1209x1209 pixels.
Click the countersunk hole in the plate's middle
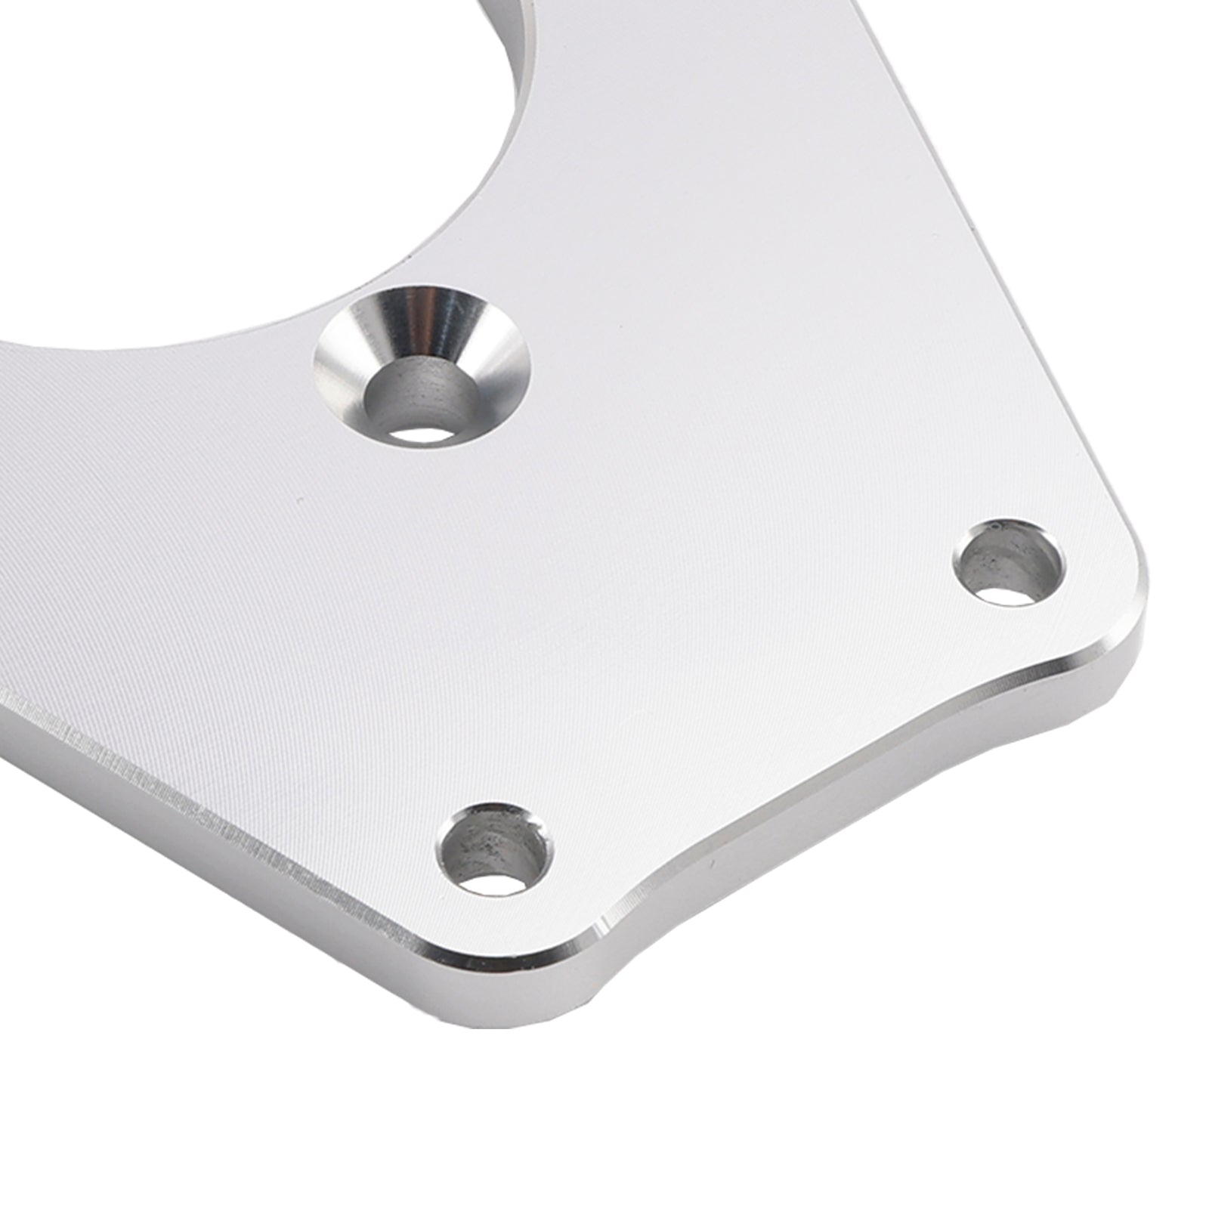[x=422, y=366]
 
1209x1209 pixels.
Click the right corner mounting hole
[x=1007, y=561]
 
